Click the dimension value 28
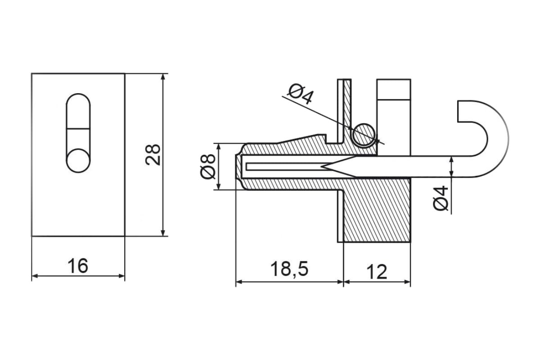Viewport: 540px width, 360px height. pyautogui.click(x=153, y=155)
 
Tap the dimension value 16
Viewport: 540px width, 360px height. pyautogui.click(x=78, y=266)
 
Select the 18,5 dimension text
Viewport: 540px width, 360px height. pyautogui.click(x=289, y=269)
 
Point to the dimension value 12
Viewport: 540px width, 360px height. pyautogui.click(x=377, y=272)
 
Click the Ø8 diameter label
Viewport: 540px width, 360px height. pyautogui.click(x=208, y=166)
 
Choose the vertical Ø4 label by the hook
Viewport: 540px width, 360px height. pyautogui.click(x=441, y=198)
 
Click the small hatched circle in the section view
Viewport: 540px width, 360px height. pyautogui.click(x=364, y=135)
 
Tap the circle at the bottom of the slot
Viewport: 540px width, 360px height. pyautogui.click(x=78, y=161)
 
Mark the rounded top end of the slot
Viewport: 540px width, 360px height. pyautogui.click(x=78, y=99)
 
